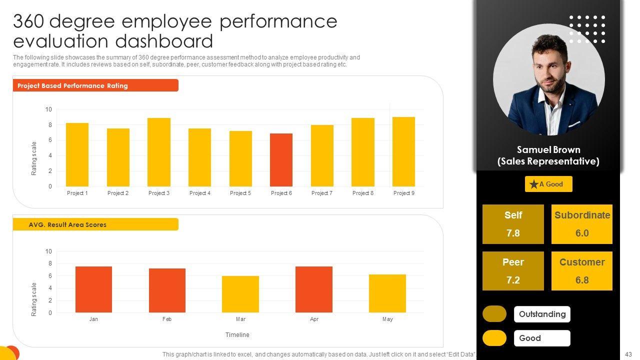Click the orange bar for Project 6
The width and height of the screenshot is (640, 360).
281,160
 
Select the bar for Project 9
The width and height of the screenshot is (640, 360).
403,151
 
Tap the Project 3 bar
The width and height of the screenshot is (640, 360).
158,152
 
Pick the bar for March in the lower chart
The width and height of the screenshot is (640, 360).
240,294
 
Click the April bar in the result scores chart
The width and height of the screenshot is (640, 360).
314,289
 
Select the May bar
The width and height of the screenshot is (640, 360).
387,293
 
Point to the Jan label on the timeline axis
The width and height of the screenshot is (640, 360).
93,319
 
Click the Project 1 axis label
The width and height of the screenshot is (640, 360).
77,193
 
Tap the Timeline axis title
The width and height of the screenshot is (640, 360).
237,335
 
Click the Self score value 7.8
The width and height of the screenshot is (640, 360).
513,233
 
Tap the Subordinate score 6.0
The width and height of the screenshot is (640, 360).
582,233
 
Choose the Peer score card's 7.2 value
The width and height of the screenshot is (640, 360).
513,280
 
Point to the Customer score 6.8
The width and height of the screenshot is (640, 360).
582,280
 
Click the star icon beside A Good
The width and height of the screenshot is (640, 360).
533,184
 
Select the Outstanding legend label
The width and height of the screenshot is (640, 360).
542,314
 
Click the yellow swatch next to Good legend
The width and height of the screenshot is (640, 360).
494,338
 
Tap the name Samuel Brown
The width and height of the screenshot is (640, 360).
548,149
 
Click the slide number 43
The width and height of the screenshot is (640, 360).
629,354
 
